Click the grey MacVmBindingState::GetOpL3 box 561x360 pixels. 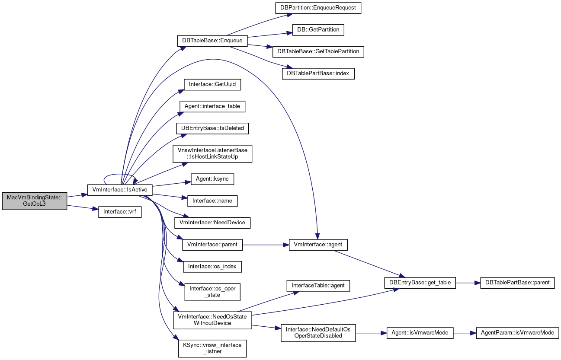(x=35, y=201)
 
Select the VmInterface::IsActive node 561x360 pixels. (x=120, y=190)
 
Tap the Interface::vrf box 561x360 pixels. (x=120, y=212)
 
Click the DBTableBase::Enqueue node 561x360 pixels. (x=212, y=41)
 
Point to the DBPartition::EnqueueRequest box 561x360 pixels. (x=318, y=8)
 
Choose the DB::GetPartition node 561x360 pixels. (x=318, y=30)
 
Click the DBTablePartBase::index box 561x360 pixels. (x=318, y=73)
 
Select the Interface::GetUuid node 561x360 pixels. (x=212, y=85)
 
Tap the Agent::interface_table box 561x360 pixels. (x=212, y=107)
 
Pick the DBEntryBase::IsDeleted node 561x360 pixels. (x=212, y=128)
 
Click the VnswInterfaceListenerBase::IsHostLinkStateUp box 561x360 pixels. (x=212, y=153)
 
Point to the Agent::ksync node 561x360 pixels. (x=212, y=179)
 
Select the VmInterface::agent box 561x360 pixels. (x=318, y=245)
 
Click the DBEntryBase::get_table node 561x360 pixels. (x=420, y=283)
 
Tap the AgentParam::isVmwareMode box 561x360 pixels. (x=517, y=333)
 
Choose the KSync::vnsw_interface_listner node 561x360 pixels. (x=212, y=348)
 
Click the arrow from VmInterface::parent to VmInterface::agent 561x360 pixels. (x=266, y=245)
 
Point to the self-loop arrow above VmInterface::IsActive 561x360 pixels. (x=120, y=174)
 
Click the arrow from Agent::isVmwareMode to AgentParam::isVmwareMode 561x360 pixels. (x=465, y=333)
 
